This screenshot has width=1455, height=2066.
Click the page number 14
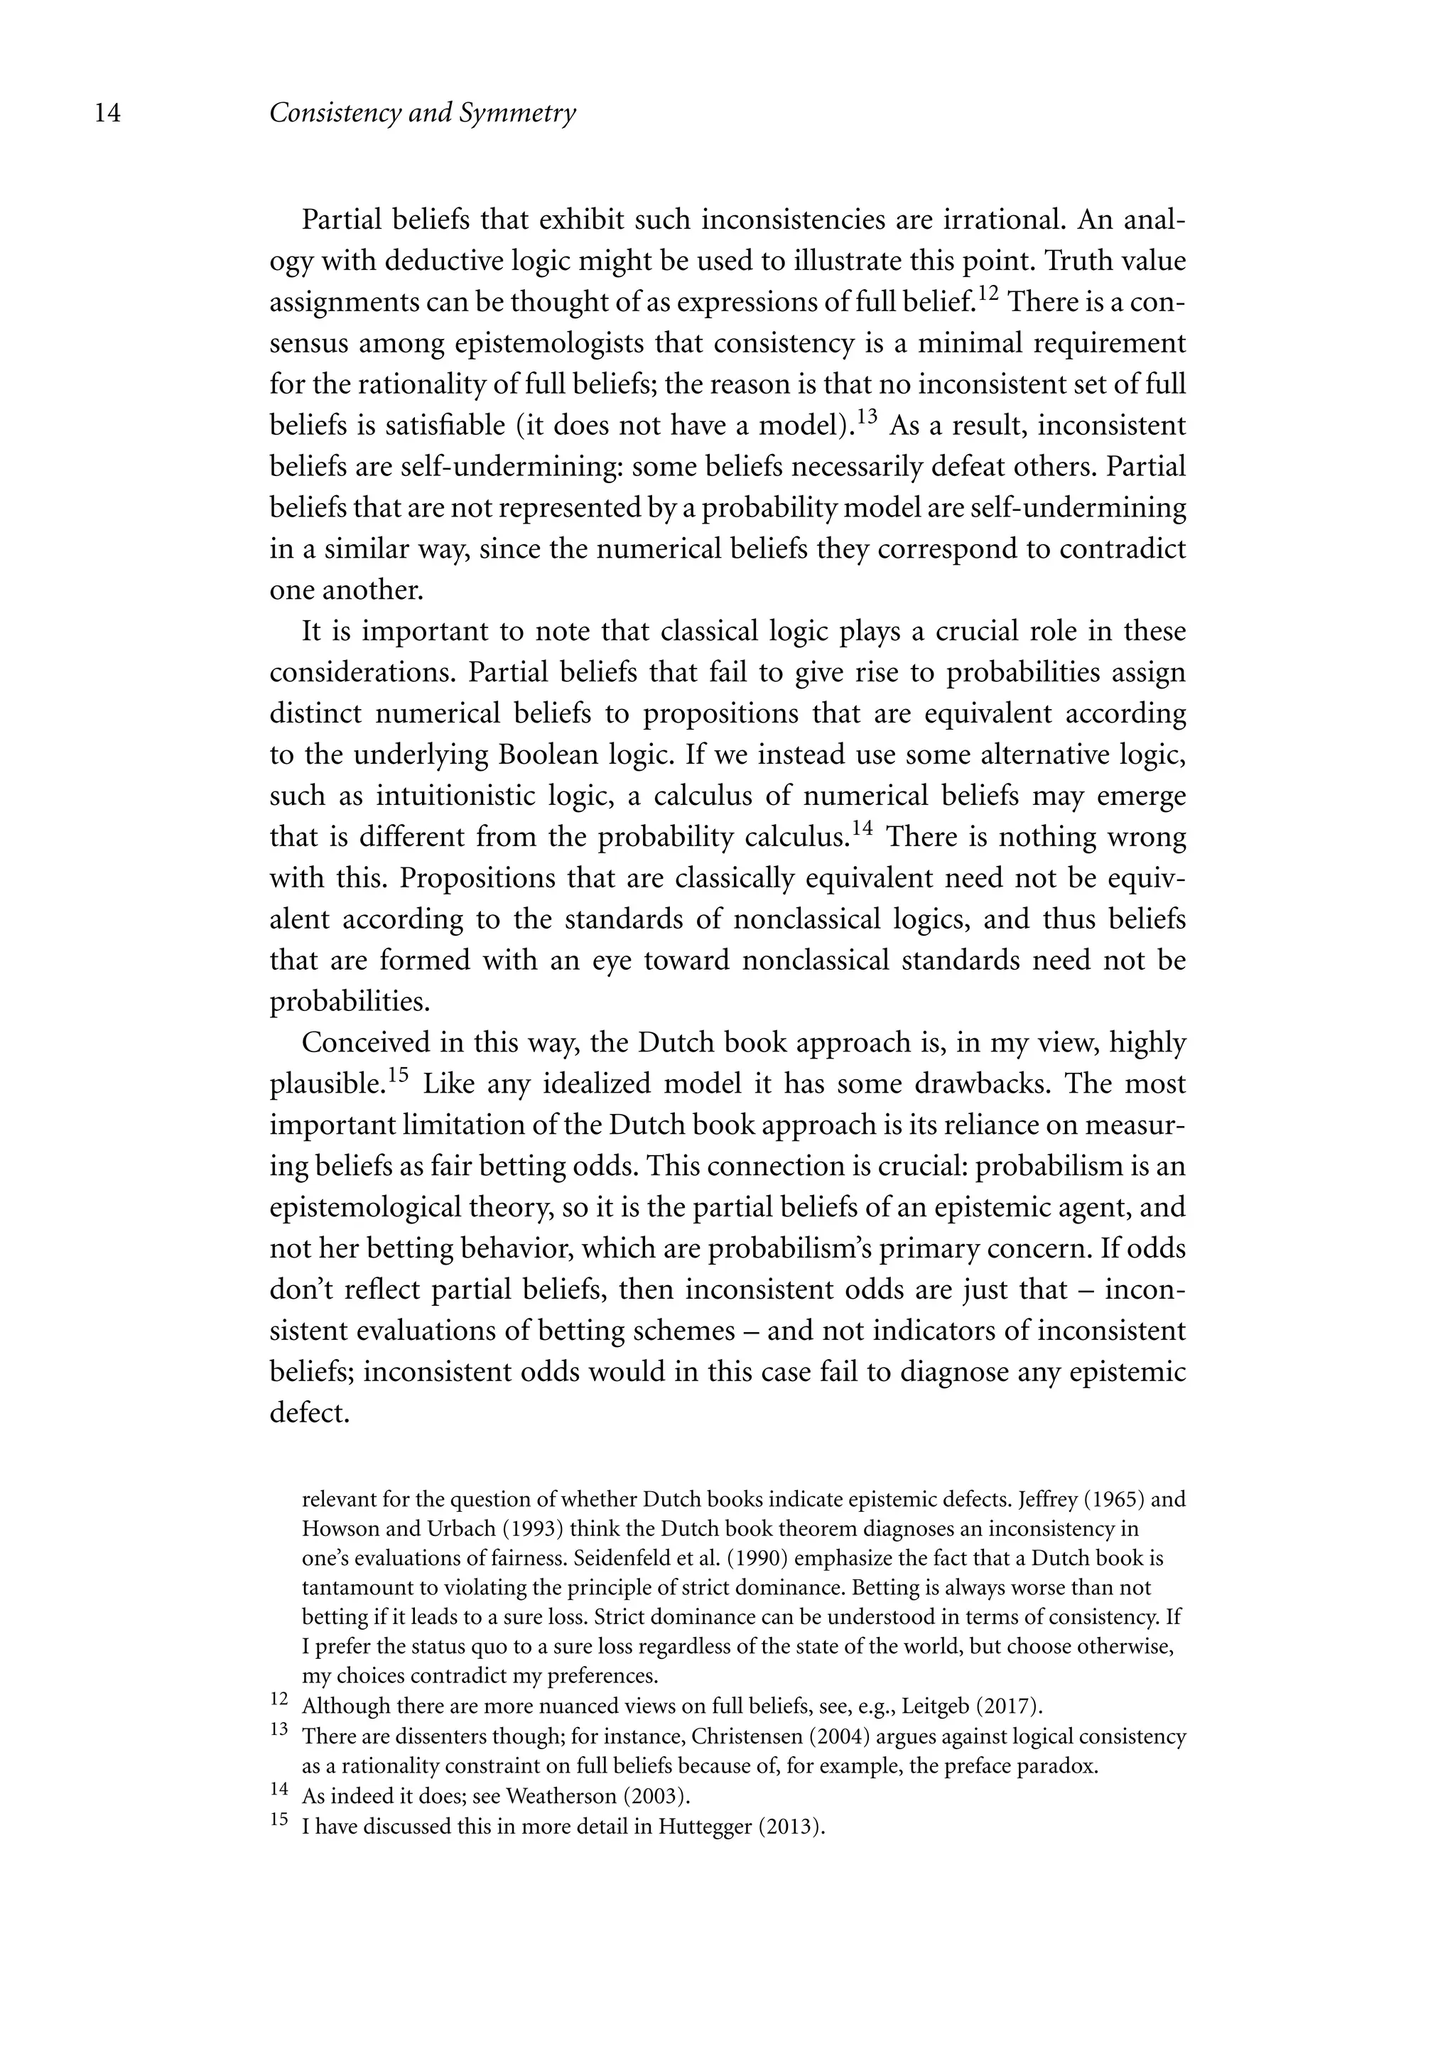(x=107, y=114)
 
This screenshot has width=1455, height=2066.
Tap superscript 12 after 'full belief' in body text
(x=988, y=293)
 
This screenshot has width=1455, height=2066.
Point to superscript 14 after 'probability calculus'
(x=862, y=828)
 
